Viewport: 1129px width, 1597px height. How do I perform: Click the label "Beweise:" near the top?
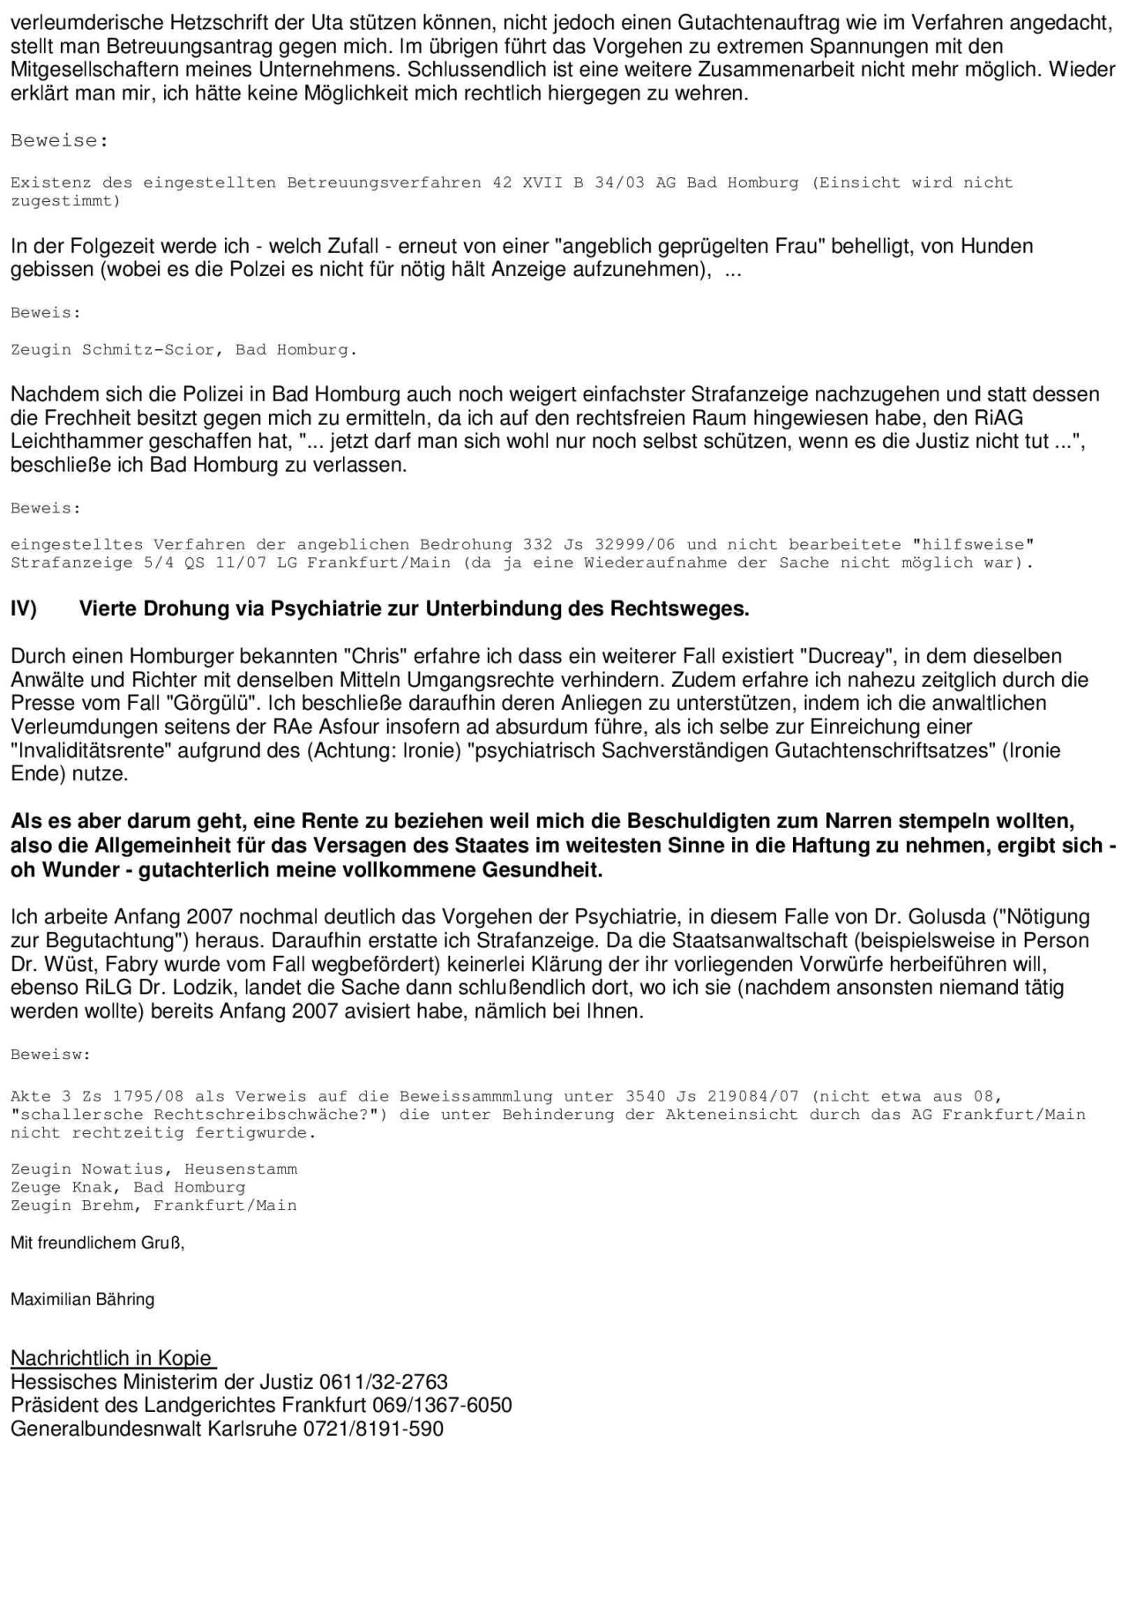pos(59,141)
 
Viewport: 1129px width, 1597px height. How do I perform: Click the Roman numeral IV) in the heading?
pos(24,608)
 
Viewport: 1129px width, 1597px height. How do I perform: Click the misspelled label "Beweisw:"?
pos(50,1055)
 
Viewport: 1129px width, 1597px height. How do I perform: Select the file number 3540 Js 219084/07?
pos(712,1097)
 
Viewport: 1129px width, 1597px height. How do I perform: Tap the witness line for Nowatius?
pos(153,1169)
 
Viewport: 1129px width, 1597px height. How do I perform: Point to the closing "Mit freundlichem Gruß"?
pos(97,1243)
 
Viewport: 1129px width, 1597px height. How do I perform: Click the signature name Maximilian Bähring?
pos(82,1299)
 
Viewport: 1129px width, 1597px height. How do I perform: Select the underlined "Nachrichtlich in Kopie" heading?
pos(112,1358)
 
